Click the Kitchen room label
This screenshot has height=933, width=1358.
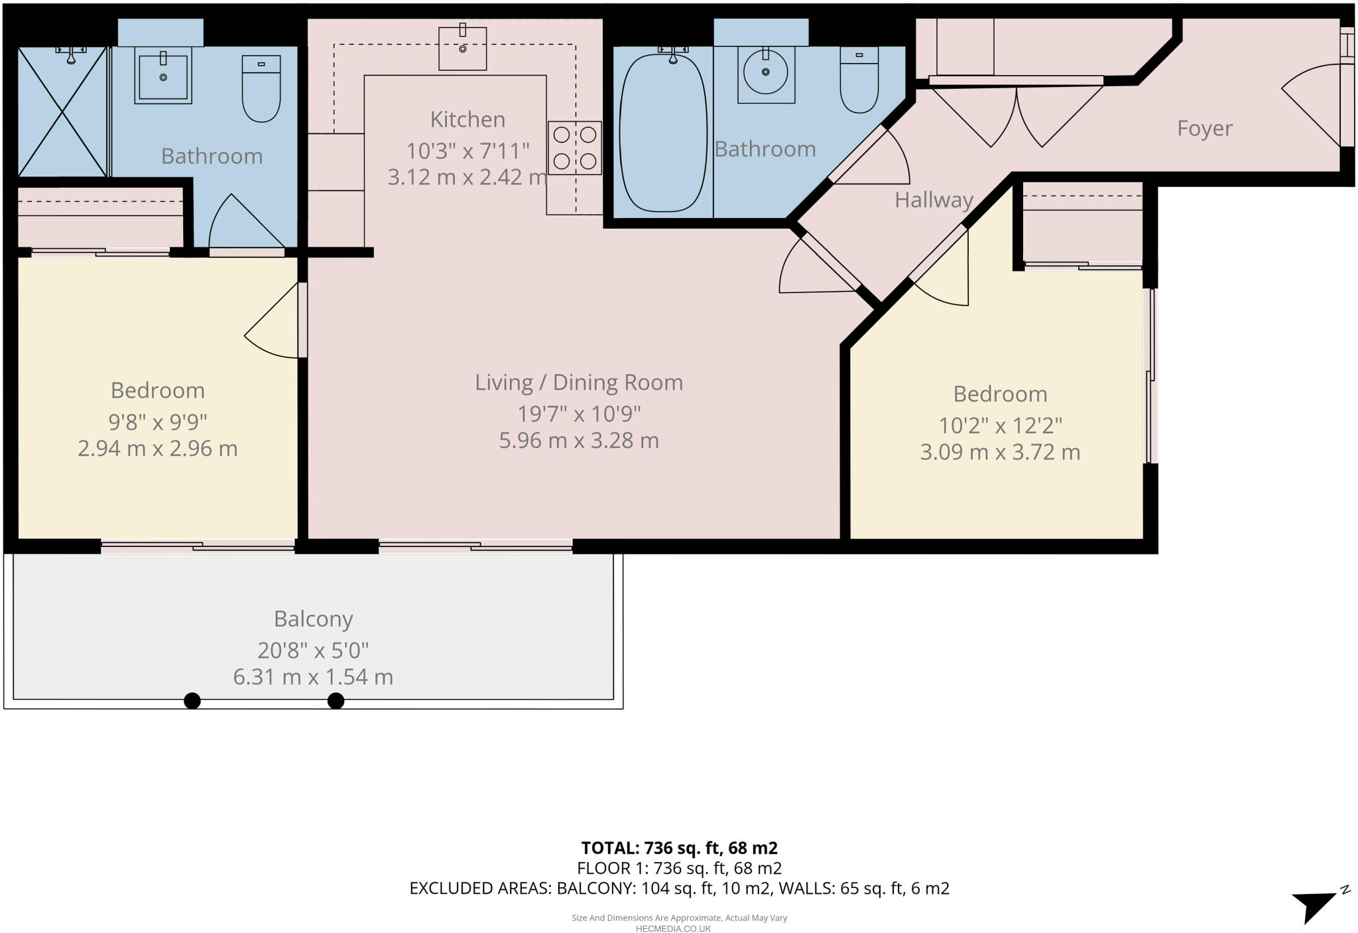[x=467, y=119]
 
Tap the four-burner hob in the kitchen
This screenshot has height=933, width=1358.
[x=574, y=148]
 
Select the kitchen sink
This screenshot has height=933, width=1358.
[x=463, y=48]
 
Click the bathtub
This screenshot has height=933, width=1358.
[x=663, y=133]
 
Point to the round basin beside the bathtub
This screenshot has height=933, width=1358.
[x=766, y=72]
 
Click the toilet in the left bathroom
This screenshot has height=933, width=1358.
[x=261, y=90]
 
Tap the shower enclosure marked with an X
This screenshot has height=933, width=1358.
[x=62, y=111]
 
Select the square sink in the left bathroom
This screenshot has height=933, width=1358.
[x=163, y=77]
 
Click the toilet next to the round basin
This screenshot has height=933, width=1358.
[x=859, y=80]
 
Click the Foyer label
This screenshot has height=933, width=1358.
[x=1204, y=128]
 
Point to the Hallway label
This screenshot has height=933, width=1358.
[x=934, y=200]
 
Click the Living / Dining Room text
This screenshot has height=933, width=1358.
[x=579, y=383]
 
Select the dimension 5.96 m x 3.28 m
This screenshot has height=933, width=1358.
[x=579, y=441]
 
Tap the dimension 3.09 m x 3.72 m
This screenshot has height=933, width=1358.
[x=1000, y=452]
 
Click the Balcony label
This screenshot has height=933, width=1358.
[x=313, y=619]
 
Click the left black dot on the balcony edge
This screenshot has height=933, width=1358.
[x=192, y=700]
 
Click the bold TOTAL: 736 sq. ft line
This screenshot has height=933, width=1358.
[x=679, y=847]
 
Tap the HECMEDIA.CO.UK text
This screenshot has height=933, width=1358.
[x=673, y=928]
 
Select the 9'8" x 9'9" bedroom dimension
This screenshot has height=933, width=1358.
[x=158, y=422]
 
